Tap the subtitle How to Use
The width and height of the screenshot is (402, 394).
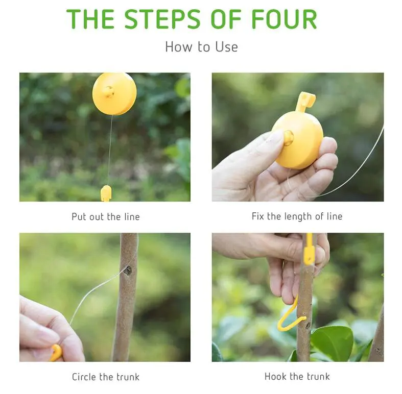pos(201,47)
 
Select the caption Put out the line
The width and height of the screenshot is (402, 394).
pos(105,216)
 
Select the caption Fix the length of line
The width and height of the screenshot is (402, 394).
pos(297,216)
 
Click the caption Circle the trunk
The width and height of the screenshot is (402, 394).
pos(105,377)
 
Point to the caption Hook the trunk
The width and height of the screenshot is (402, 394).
pos(297,377)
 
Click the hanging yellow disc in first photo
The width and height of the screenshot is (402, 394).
pos(114,93)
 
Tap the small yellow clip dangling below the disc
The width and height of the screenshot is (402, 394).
pos(106,193)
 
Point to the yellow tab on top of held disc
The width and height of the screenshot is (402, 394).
pos(305,101)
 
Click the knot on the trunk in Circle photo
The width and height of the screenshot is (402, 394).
pos(127,270)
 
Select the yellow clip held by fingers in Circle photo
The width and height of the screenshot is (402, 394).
pos(56,353)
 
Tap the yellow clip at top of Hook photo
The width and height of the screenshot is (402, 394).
pos(309,250)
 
